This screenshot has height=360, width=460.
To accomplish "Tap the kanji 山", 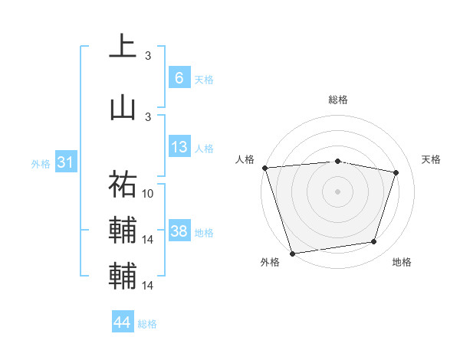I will tap(123, 107).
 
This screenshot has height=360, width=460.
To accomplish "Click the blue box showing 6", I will tap(179, 77).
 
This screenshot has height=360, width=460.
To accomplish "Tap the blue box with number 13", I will tap(179, 147).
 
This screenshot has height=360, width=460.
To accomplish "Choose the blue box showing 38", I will tap(179, 231).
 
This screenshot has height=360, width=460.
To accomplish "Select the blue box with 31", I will tap(64, 162).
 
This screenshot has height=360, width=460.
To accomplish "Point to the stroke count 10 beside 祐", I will tap(149, 194).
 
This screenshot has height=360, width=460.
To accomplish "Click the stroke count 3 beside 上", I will tap(148, 56).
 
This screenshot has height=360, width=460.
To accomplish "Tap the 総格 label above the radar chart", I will tap(338, 100).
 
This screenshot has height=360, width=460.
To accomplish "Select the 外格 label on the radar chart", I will tap(270, 262).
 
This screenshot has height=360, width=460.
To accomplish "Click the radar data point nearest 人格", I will tap(264, 168).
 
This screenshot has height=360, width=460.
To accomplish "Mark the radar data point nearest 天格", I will tap(396, 173).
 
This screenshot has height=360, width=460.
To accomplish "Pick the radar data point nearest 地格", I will tap(374, 242).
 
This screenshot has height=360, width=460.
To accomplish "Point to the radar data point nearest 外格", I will tap(292, 253).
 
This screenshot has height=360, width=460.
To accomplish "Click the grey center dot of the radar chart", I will tap(338, 191).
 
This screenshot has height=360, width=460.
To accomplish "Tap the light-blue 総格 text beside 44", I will tap(147, 324).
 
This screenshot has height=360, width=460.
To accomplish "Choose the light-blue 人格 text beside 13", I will tap(204, 149).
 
